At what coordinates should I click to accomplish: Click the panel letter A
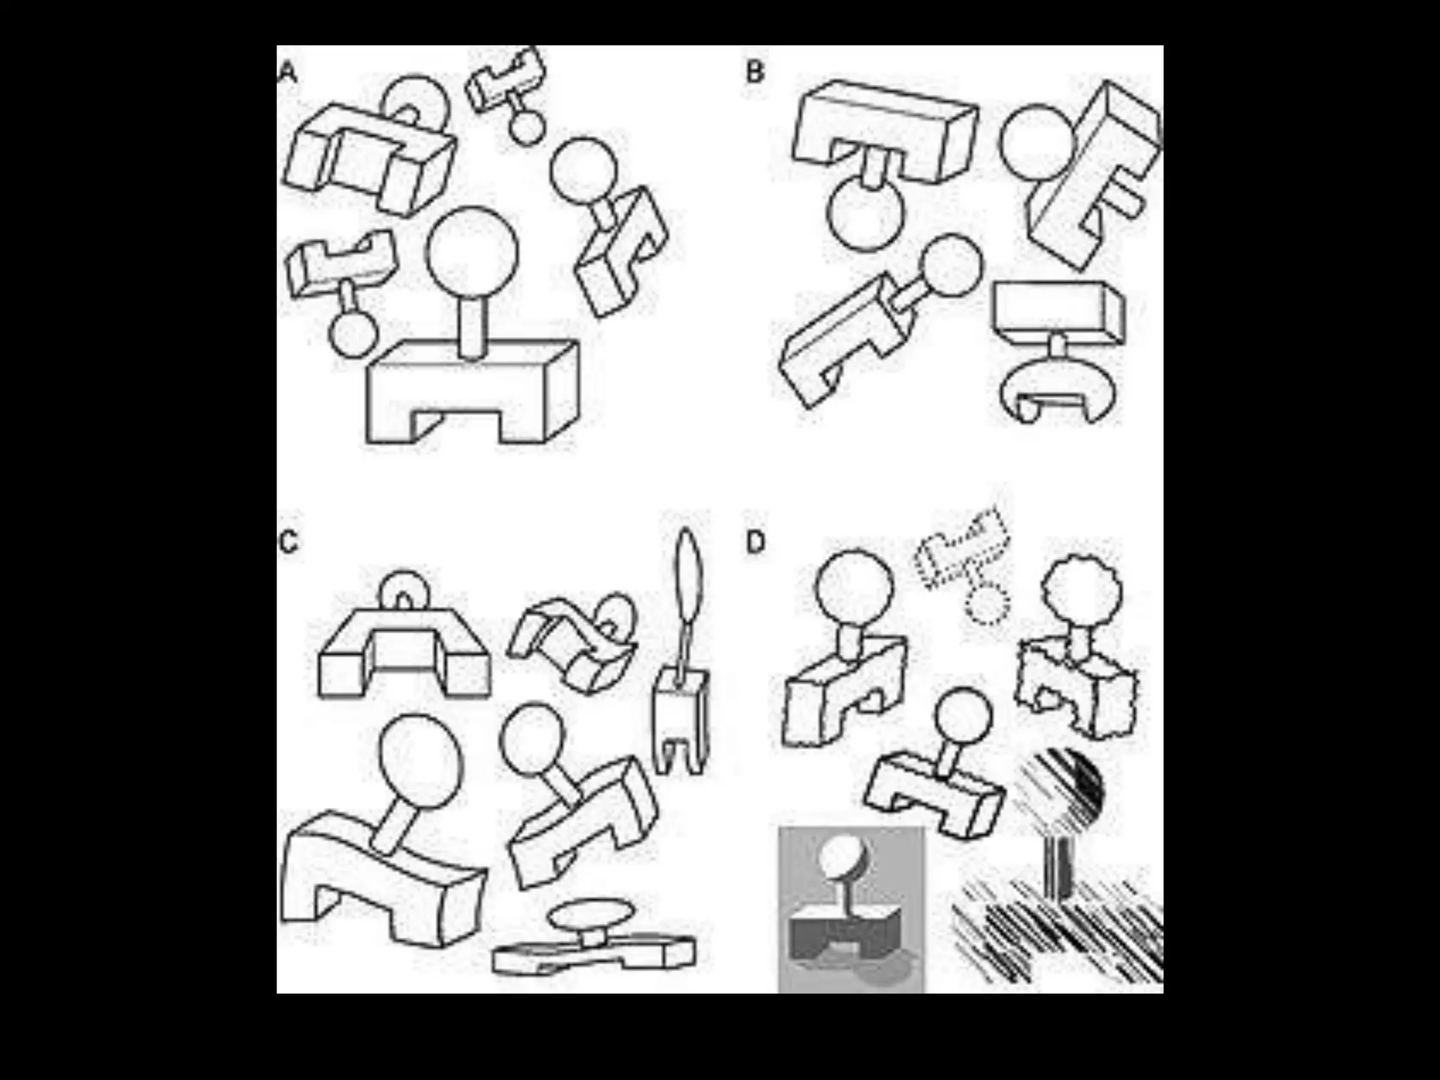point(288,72)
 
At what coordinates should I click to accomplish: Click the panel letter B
point(754,72)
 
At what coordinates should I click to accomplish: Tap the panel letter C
point(288,543)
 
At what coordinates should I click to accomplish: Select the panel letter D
point(754,543)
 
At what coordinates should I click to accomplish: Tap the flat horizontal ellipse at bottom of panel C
point(589,916)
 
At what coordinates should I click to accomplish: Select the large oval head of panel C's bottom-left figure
point(420,761)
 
